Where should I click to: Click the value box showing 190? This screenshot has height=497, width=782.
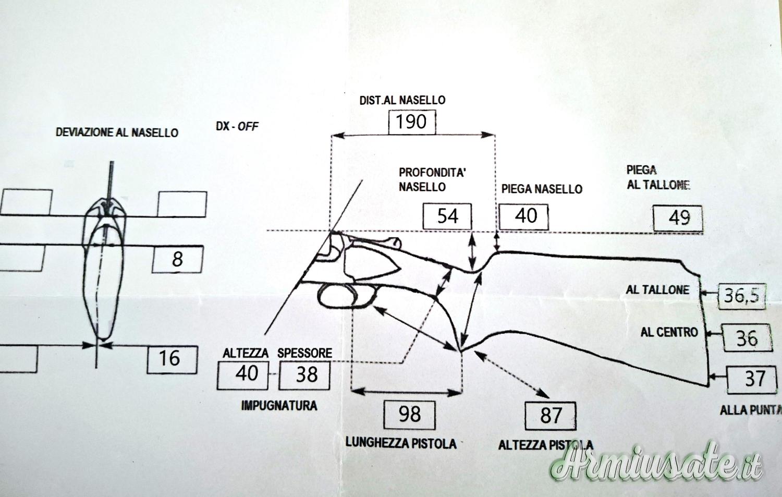click(x=412, y=122)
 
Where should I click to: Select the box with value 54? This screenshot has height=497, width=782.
click(x=447, y=216)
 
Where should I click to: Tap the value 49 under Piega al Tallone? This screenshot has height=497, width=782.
click(x=678, y=218)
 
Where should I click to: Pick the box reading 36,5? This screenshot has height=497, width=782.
click(x=741, y=296)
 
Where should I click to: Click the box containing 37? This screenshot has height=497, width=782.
click(x=754, y=379)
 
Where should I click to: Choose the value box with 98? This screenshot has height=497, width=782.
click(x=409, y=415)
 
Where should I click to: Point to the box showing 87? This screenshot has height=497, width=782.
click(x=551, y=416)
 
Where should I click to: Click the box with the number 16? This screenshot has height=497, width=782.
click(x=172, y=359)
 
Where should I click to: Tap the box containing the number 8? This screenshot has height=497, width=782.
click(x=177, y=259)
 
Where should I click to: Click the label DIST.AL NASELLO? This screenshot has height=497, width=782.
click(x=402, y=100)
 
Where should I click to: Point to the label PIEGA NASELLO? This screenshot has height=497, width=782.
click(x=542, y=189)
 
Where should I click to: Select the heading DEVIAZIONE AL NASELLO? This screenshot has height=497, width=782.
click(x=117, y=132)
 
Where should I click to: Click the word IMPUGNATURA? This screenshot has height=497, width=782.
click(x=279, y=405)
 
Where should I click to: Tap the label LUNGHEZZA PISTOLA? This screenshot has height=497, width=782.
click(x=401, y=443)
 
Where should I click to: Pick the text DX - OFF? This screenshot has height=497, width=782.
click(x=237, y=126)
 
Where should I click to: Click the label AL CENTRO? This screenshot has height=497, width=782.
click(x=669, y=332)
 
